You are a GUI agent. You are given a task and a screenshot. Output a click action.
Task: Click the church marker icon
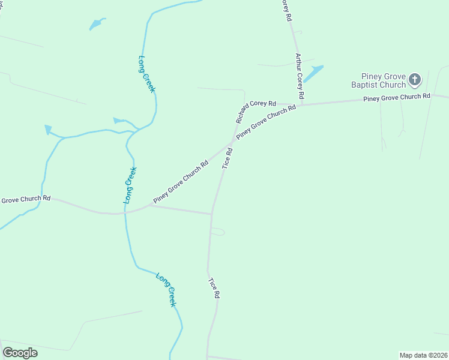coord(415,79)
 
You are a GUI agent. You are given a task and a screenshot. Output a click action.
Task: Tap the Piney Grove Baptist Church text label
coord(379,80)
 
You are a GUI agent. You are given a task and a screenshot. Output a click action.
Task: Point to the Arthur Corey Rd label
coord(300,76)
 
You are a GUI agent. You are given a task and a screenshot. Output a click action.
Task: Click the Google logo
coord(20,352)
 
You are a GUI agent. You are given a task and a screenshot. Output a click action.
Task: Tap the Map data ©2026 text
coord(423,355)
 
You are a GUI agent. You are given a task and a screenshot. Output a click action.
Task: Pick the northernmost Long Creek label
coord(147,74)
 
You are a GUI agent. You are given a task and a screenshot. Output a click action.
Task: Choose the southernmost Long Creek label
coord(166,290)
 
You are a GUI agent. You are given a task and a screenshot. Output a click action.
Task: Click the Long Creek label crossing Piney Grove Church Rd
coord(130,185)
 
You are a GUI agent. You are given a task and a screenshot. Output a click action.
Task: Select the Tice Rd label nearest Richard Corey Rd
coord(227,158)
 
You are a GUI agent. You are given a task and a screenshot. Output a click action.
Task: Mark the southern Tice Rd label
coord(214,288)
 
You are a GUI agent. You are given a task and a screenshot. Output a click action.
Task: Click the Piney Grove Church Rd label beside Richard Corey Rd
coord(267,123)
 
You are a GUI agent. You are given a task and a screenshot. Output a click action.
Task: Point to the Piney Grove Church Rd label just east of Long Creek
coord(181,181)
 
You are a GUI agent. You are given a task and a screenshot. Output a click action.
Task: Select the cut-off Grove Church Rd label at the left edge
coord(25,199)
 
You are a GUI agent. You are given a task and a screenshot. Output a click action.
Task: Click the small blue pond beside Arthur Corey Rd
coord(313,74)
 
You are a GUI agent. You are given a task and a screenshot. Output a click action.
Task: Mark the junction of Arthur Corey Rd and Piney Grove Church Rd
coord(301,105)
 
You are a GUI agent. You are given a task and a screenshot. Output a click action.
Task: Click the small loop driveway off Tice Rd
coord(218,232)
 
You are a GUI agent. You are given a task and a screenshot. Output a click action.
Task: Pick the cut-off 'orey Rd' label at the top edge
coord(286,10)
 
